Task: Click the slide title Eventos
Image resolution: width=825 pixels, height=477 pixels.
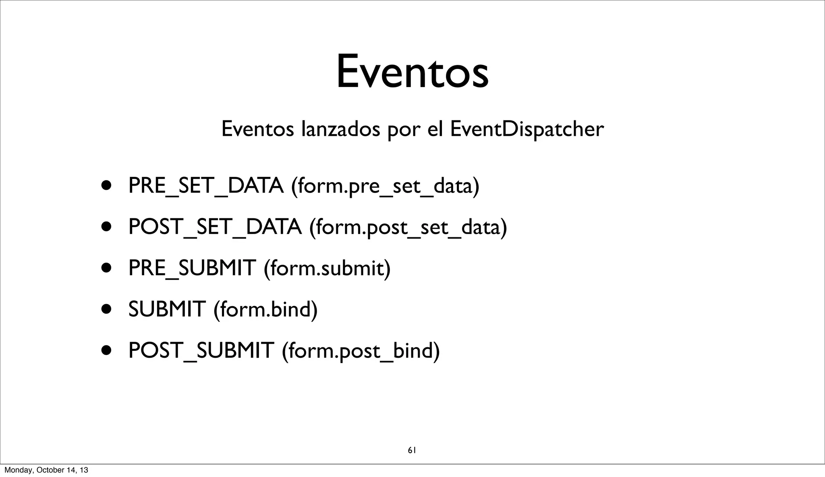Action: pos(412,73)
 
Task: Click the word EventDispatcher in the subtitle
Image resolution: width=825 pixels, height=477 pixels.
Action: pos(527,129)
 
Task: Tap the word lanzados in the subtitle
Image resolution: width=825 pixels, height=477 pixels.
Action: pos(341,129)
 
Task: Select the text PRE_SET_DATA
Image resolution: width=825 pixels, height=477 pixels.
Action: pos(205,186)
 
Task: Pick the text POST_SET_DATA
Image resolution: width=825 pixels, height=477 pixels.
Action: pos(215,227)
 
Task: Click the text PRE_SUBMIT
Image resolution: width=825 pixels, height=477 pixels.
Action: pos(192,268)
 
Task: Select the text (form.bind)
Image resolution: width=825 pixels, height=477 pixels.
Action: pos(265,309)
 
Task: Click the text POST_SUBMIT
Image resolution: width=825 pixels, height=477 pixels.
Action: pos(201,350)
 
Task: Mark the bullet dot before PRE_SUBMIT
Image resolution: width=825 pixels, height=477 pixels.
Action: pos(106,268)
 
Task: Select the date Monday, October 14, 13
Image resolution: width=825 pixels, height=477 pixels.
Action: pos(46,470)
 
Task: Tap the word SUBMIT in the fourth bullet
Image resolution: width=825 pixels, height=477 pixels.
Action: pos(166,309)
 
